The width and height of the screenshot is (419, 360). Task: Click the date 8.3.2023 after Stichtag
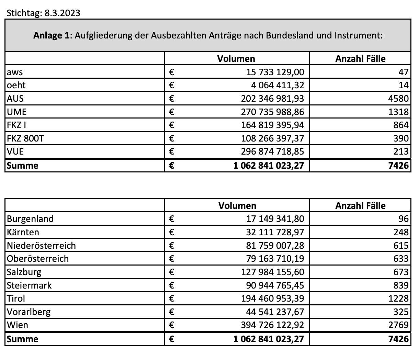pos(62,13)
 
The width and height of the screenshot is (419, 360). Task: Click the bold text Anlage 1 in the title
pos(52,35)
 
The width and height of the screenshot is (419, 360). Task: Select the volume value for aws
pos(275,72)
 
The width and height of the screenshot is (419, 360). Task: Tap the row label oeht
pos(16,85)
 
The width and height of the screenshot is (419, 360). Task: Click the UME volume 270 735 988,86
pos(272,112)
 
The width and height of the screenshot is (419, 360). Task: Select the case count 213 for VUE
pos(401,151)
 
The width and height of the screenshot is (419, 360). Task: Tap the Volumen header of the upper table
pos(236,58)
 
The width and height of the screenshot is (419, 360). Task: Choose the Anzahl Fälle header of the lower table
pos(360,205)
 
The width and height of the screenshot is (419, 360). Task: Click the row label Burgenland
pos(30,219)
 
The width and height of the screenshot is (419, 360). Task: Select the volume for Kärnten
pos(275,232)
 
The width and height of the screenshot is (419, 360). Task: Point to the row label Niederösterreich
pos(41,246)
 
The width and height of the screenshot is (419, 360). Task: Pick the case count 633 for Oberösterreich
pos(401,259)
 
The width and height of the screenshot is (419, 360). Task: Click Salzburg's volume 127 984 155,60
pos(272,272)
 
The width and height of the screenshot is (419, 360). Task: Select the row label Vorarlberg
pos(29,312)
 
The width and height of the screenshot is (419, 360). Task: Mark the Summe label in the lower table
pos(23,339)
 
